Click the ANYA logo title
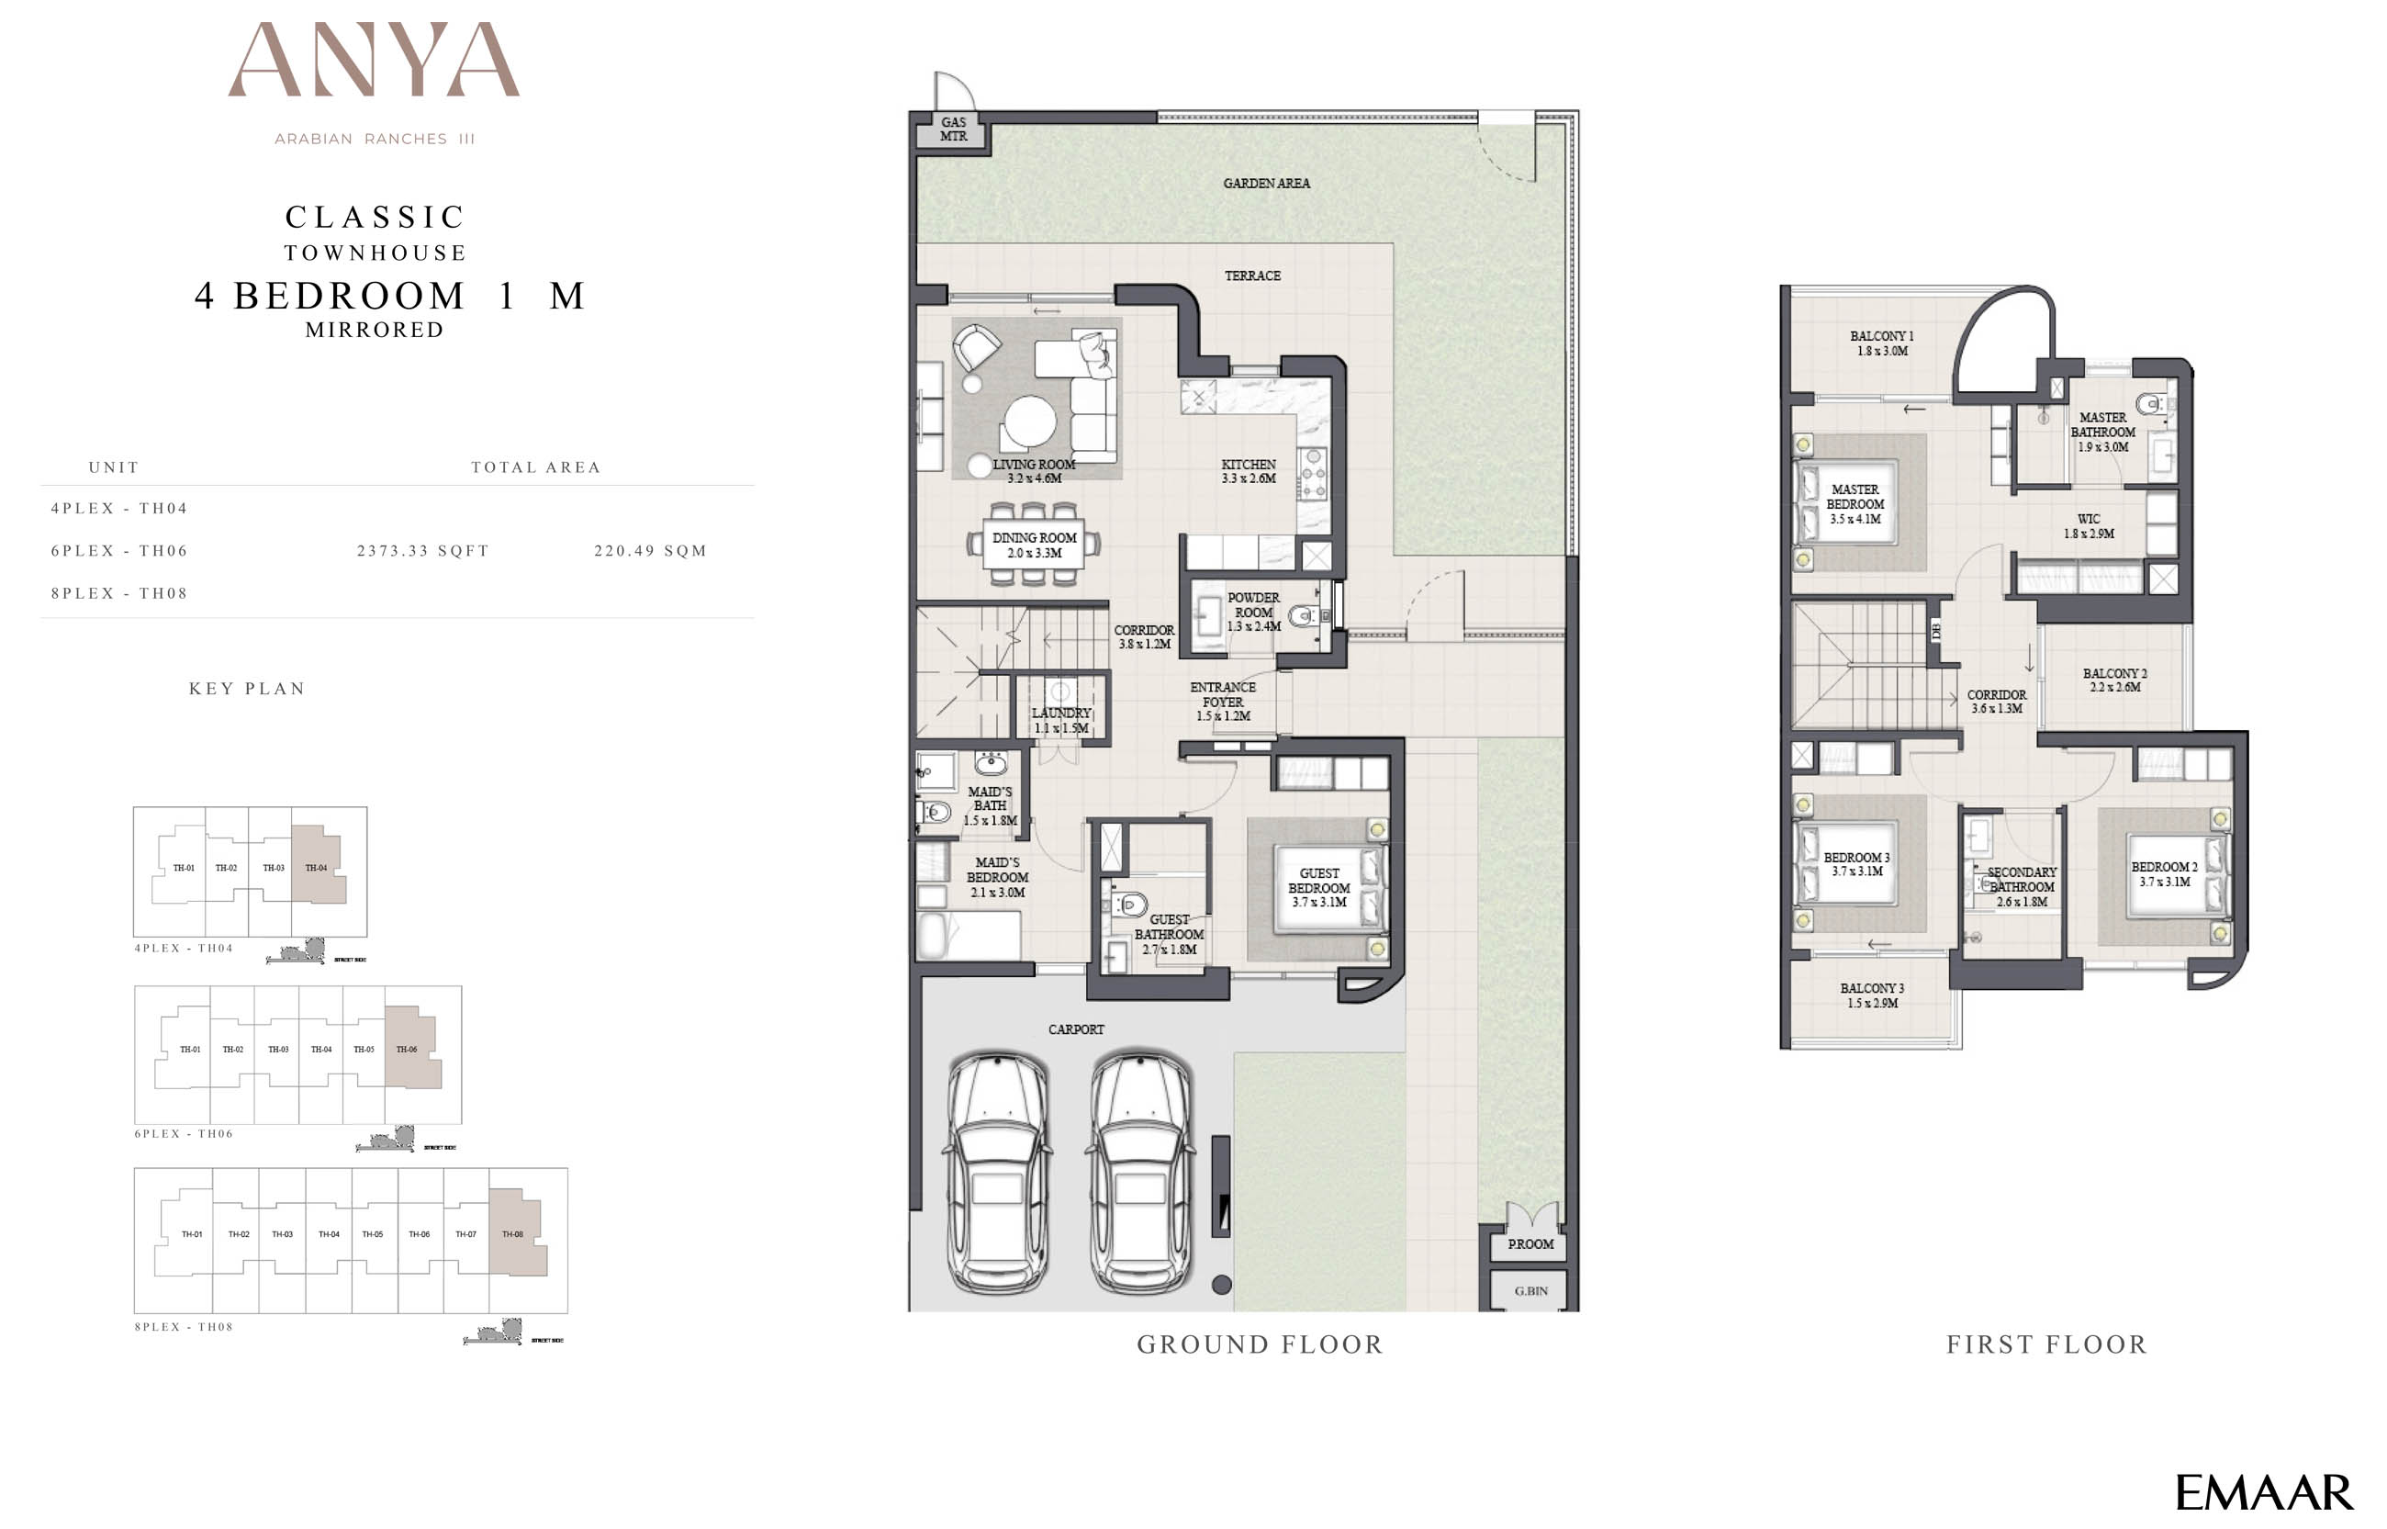coord(375,62)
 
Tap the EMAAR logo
coord(2263,1492)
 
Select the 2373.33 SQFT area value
coord(423,551)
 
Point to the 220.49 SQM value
coord(650,551)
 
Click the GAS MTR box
coord(953,130)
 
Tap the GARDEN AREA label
coord(1265,184)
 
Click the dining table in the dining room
coord(1034,545)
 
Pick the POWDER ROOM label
coord(1252,612)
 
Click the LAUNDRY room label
coord(1061,720)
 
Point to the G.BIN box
coord(1530,1291)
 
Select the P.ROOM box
coord(1530,1244)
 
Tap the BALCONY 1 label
coord(1881,343)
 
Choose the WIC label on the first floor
coord(2089,526)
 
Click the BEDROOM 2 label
coord(2164,873)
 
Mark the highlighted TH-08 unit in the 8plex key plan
coord(516,1234)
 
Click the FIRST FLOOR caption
coord(2046,1344)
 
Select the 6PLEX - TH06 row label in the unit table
coord(119,551)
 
